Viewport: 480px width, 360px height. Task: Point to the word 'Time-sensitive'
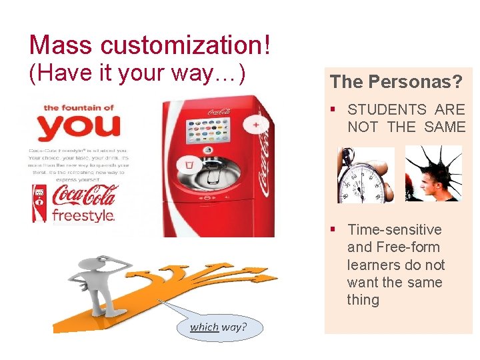coord(395,230)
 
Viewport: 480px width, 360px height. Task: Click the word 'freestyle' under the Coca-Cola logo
coord(83,215)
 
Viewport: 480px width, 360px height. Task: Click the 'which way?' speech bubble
coord(217,327)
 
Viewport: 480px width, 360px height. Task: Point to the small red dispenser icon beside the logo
coord(39,203)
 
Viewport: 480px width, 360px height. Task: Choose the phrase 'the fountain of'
coord(78,107)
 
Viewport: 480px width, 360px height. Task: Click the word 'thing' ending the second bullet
coord(363,300)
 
